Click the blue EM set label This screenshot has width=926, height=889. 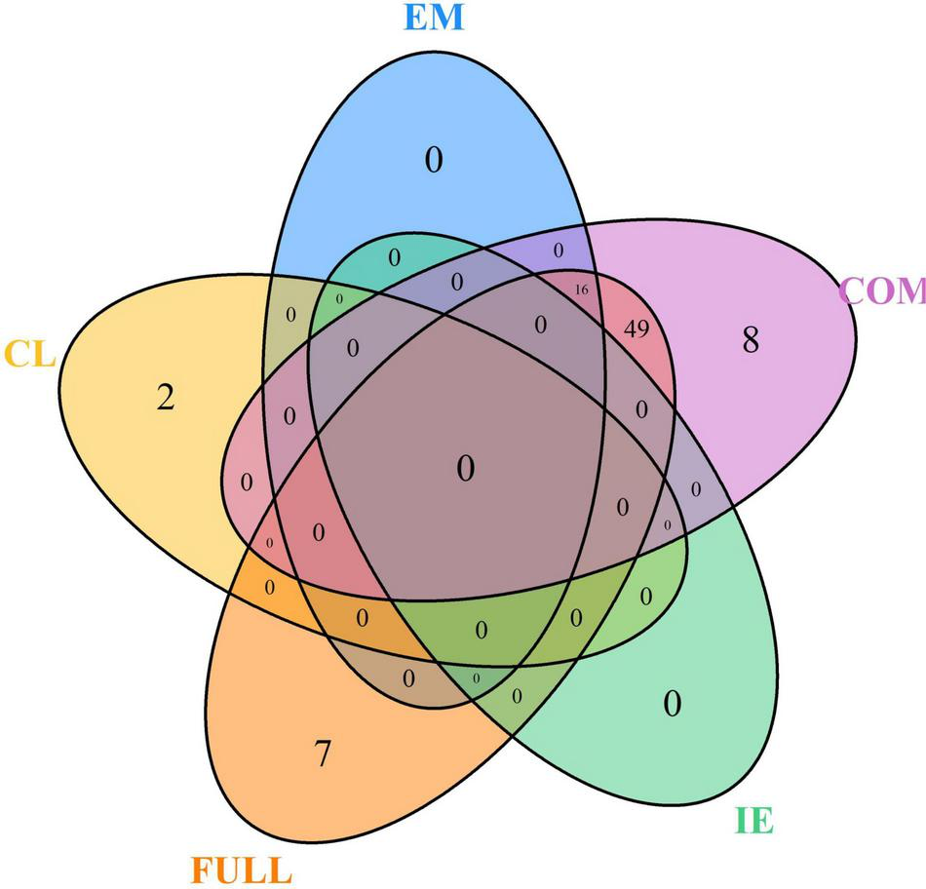[x=433, y=19]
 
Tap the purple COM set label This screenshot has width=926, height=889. [x=881, y=290]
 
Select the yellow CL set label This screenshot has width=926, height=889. [x=30, y=352]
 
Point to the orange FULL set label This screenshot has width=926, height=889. [x=240, y=868]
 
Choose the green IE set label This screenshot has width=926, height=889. [x=753, y=821]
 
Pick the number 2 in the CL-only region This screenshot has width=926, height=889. [x=166, y=398]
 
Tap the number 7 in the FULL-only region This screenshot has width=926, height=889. [x=322, y=754]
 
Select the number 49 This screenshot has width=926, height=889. [x=636, y=328]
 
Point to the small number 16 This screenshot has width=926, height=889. [x=582, y=290]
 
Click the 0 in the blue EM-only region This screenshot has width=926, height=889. [x=433, y=159]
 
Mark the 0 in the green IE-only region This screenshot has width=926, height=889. [x=672, y=703]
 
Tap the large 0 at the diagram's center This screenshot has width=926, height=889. [x=466, y=470]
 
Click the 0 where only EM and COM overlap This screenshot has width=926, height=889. [x=559, y=251]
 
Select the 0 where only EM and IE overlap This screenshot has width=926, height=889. [x=394, y=258]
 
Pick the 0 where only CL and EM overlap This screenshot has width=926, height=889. [x=290, y=315]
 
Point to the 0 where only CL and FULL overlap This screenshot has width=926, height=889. [x=269, y=587]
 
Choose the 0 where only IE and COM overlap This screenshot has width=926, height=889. [x=695, y=488]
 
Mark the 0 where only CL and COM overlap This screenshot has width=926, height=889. [x=246, y=481]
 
